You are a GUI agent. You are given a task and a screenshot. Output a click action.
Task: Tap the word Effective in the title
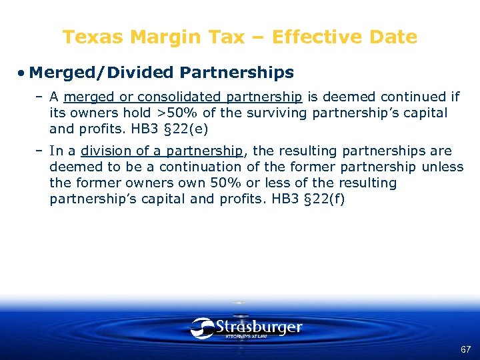point(300,37)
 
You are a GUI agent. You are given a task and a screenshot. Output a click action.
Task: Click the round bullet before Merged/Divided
point(22,72)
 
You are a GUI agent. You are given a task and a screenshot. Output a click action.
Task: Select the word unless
point(443,167)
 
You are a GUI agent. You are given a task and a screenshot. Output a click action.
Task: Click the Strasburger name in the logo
point(259,327)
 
